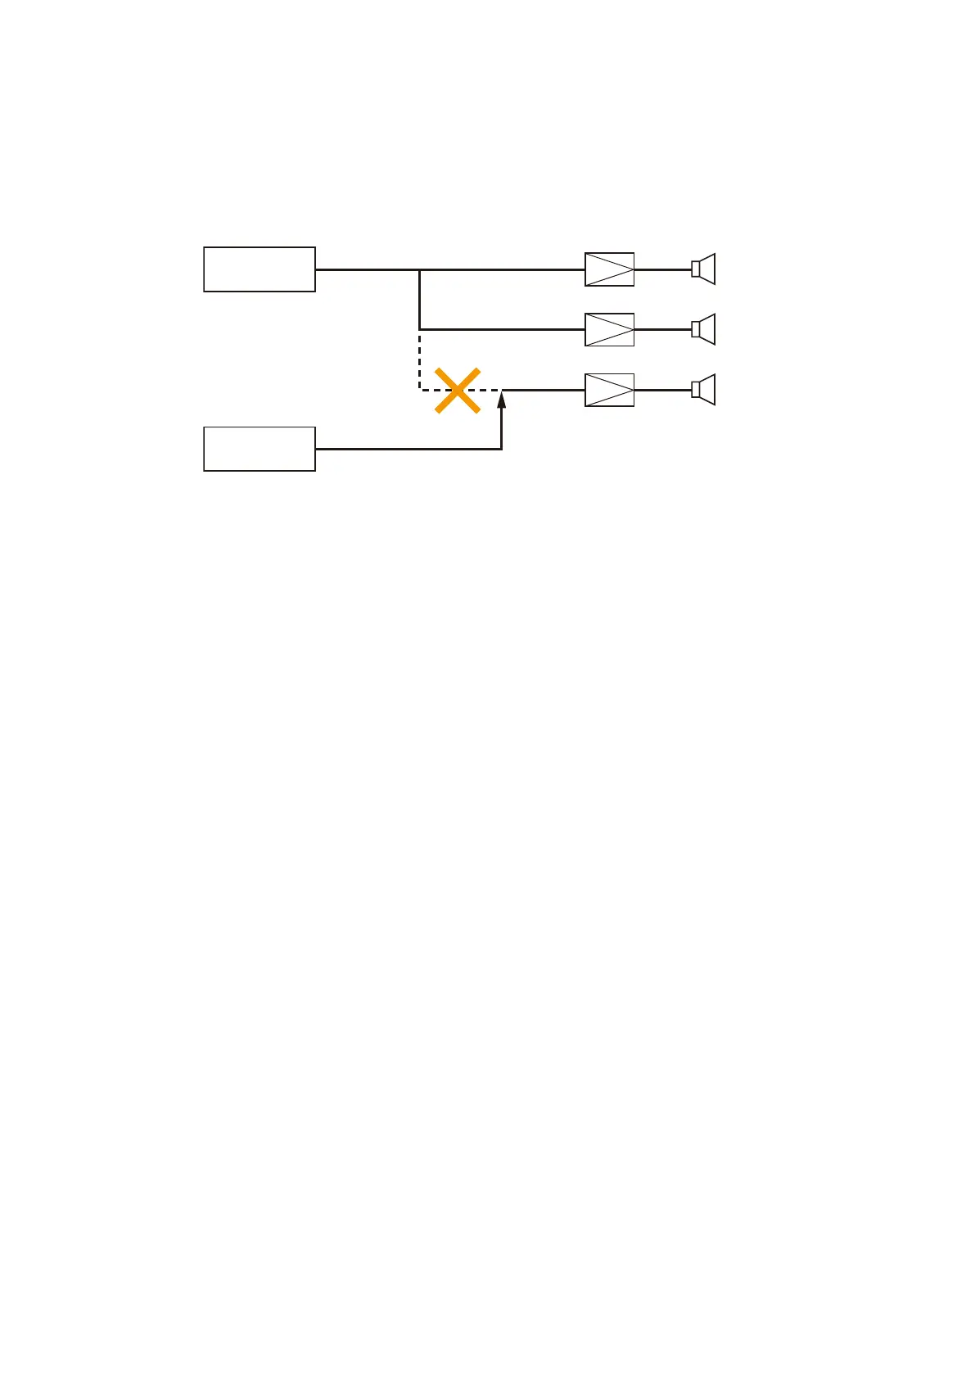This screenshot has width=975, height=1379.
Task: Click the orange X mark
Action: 457,391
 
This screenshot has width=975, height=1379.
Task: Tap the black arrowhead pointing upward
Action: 502,400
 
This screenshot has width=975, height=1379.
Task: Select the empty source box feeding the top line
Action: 260,269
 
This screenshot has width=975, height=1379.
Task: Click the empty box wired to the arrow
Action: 260,449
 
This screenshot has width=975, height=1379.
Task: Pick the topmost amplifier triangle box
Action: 609,269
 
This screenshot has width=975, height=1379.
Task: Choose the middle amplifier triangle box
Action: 609,329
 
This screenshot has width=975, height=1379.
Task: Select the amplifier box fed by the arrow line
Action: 609,390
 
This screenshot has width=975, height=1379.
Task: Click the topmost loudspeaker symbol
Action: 703,269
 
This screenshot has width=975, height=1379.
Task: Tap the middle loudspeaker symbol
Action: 703,329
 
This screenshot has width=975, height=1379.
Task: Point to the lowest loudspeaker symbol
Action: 703,390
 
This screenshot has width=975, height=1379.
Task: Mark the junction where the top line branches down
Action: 419,269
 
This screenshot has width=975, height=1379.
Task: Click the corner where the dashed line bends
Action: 419,390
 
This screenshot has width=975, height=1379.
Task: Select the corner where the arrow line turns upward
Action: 501,449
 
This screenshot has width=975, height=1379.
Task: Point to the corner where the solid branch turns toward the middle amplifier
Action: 419,329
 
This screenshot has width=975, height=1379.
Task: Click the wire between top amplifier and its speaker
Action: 662,269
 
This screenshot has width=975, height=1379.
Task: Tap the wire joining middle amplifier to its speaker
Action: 662,329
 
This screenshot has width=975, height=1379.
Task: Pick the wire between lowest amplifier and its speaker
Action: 662,390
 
